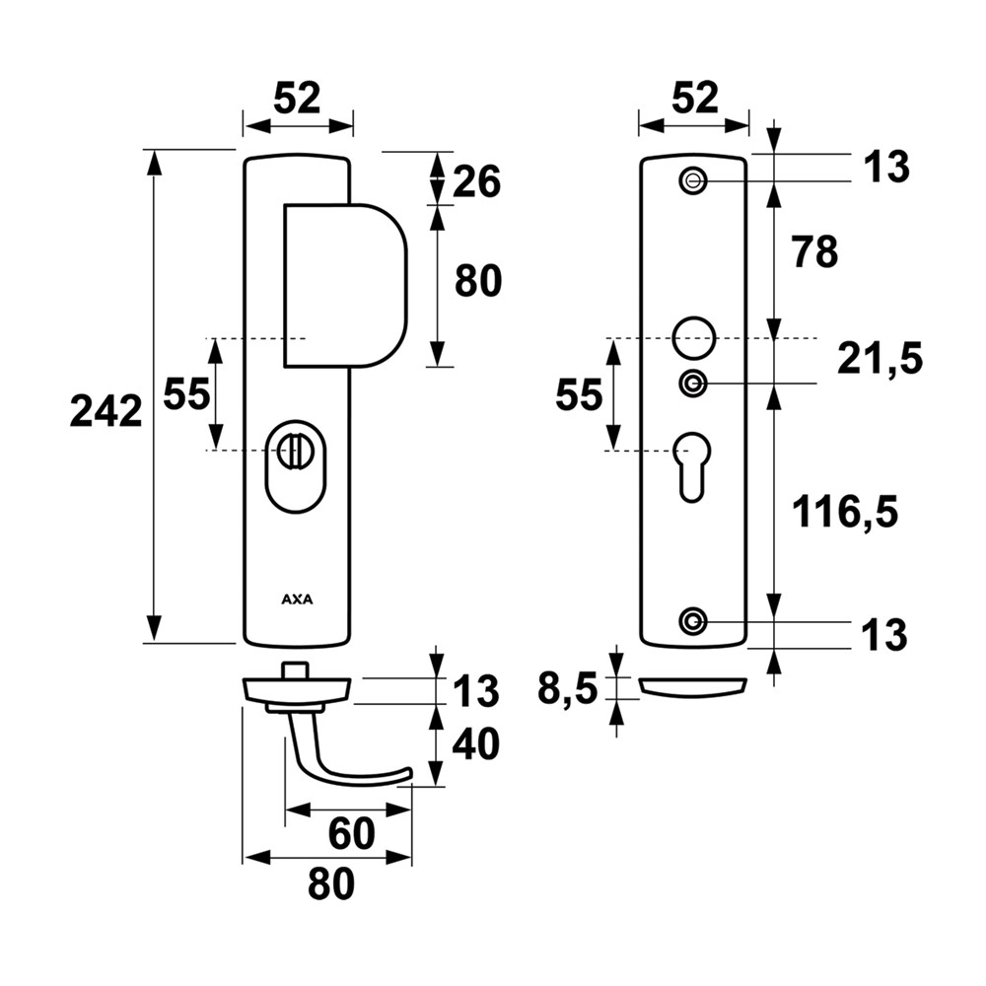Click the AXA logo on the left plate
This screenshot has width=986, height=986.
pyautogui.click(x=297, y=599)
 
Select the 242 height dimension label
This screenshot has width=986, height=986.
pyautogui.click(x=106, y=412)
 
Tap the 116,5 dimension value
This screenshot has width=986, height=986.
pyautogui.click(x=845, y=512)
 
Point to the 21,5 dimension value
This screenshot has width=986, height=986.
pyautogui.click(x=880, y=360)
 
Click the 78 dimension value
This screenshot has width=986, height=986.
pyautogui.click(x=815, y=252)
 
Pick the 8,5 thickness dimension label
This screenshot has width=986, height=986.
pyautogui.click(x=567, y=690)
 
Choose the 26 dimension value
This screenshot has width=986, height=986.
pyautogui.click(x=476, y=181)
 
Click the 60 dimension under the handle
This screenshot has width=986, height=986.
pyautogui.click(x=352, y=834)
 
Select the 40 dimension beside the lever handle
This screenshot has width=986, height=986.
pyautogui.click(x=476, y=743)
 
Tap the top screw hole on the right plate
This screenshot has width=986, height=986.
pyautogui.click(x=693, y=181)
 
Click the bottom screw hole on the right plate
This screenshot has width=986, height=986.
pyautogui.click(x=693, y=621)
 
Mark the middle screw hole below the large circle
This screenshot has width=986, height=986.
pyautogui.click(x=693, y=383)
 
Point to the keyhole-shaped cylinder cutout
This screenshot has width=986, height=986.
pyautogui.click(x=692, y=466)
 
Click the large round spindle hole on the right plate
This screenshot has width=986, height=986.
pyautogui.click(x=693, y=338)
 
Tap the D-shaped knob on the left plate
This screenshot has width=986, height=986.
pyautogui.click(x=345, y=286)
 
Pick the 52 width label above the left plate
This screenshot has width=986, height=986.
pyautogui.click(x=298, y=99)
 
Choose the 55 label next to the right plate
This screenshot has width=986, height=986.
pyautogui.click(x=579, y=396)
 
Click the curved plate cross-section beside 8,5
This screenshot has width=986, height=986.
pyautogui.click(x=693, y=687)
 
